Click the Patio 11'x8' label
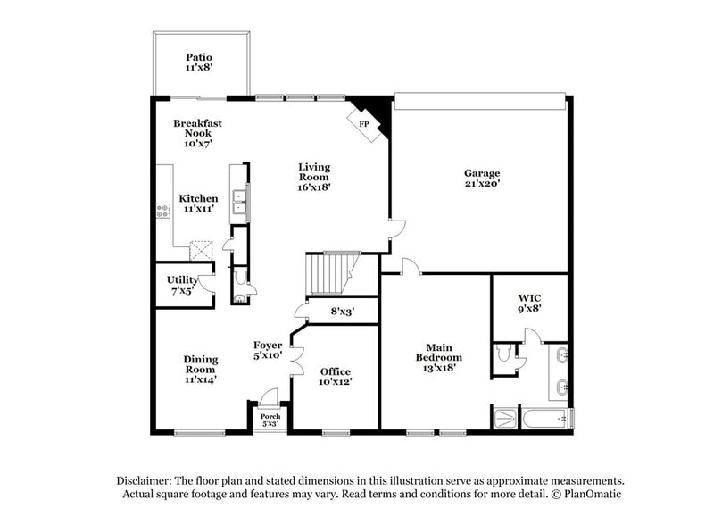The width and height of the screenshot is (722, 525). (x=198, y=62)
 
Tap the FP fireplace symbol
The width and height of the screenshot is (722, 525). (x=365, y=123)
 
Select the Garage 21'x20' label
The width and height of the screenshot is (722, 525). (x=481, y=179)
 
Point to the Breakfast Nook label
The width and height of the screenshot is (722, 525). (x=197, y=133)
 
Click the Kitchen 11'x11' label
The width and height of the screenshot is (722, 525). (x=198, y=204)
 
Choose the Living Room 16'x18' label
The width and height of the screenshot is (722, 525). (x=314, y=177)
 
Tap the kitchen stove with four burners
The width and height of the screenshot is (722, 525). (x=163, y=211)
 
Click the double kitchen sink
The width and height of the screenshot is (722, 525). (x=239, y=205)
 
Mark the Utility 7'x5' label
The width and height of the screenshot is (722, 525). (x=182, y=285)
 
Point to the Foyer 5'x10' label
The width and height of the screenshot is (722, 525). (x=268, y=350)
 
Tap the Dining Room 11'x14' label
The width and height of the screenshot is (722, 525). (x=201, y=369)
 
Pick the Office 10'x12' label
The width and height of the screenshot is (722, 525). (x=336, y=377)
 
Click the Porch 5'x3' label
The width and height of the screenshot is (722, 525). (x=270, y=420)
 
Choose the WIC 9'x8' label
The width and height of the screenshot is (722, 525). (x=530, y=303)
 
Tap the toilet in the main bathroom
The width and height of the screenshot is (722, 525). (x=504, y=354)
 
